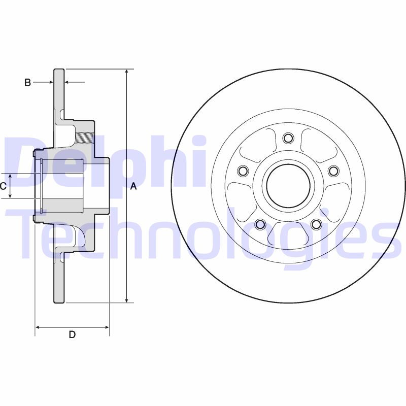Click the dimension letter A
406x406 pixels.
[x=133, y=186]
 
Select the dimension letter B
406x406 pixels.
[x=28, y=82]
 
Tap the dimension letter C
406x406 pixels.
[x=3, y=186]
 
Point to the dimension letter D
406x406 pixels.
[x=72, y=334]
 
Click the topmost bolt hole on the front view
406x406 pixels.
[x=288, y=138]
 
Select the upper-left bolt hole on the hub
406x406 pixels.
[x=243, y=171]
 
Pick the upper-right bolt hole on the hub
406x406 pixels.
[x=333, y=171]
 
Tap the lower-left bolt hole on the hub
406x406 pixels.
[x=260, y=224]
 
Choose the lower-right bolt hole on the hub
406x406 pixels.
[x=316, y=224]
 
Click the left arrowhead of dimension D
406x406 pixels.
[x=38, y=327]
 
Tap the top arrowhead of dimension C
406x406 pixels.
[x=10, y=176]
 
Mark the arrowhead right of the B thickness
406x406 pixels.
[x=68, y=82]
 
